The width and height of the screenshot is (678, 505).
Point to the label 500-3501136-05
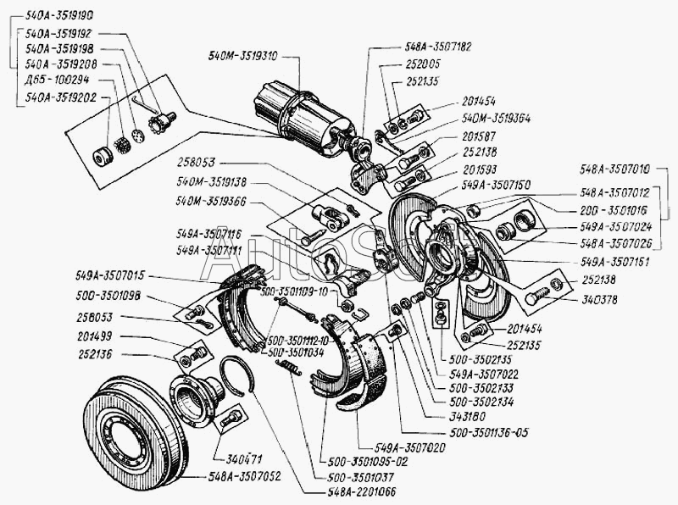click(489, 432)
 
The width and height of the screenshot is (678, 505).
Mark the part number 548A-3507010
click(616, 168)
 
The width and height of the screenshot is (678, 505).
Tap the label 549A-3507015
click(110, 275)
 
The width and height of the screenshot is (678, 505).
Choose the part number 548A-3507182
click(438, 48)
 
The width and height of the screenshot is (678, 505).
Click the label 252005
click(421, 64)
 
